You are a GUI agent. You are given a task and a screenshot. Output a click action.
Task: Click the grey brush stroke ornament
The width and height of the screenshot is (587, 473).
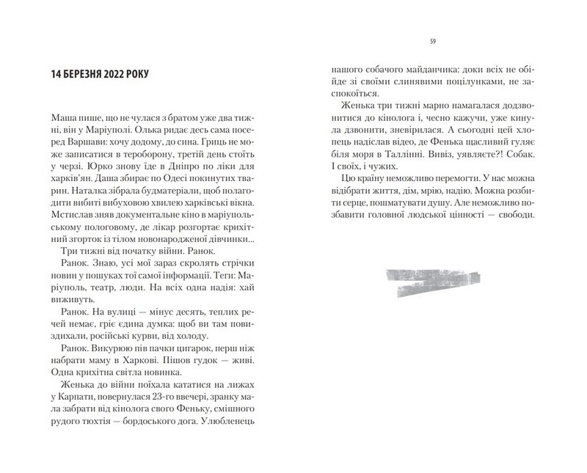434,283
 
